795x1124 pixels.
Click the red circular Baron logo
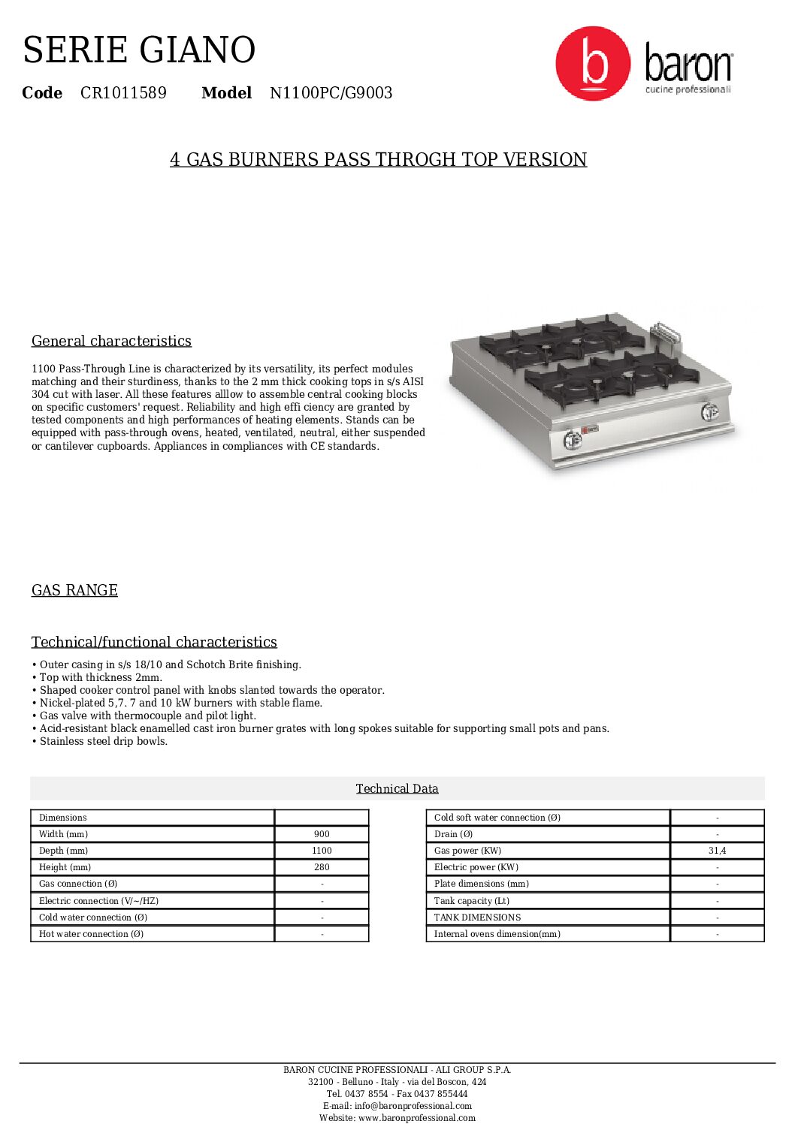593,64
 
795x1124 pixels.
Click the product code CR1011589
123,93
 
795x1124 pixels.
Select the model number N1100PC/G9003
331,93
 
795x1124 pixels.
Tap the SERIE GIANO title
139,50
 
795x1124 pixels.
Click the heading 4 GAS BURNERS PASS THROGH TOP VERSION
378,160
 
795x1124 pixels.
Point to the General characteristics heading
111,341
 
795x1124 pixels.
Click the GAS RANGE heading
74,590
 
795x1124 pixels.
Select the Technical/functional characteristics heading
154,642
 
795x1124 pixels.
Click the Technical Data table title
397,788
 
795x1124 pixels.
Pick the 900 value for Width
322,834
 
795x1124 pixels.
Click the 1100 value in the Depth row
322,851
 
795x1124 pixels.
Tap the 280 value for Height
322,867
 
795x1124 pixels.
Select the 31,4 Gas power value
717,851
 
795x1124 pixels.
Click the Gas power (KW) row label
467,851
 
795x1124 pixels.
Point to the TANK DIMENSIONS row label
477,918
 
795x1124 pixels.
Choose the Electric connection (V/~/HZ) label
98,901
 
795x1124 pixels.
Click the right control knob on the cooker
709,411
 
